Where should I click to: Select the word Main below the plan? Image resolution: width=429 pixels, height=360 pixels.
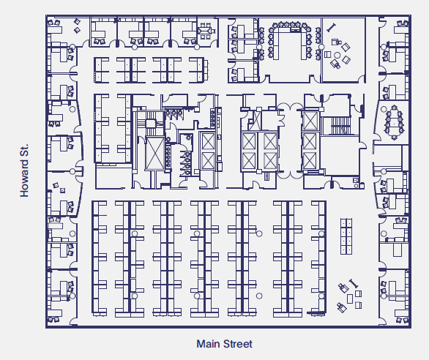[x=209, y=344]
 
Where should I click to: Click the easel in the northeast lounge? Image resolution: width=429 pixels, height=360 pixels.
[x=332, y=28]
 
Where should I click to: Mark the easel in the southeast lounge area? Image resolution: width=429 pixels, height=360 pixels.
[x=354, y=281]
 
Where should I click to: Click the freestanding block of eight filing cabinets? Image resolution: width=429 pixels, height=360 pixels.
[x=346, y=235]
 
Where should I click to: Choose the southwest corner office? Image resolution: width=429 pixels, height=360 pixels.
[x=62, y=307]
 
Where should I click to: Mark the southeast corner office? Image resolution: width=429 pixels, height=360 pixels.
[x=394, y=307]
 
